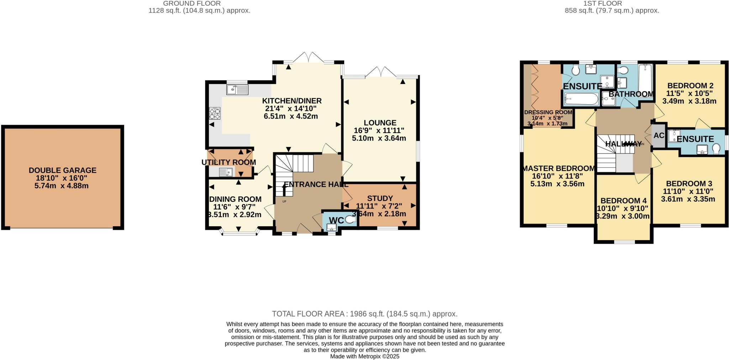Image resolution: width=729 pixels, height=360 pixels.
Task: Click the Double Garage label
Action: (x=63, y=170)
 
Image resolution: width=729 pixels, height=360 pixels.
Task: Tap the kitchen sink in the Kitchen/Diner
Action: (x=237, y=89)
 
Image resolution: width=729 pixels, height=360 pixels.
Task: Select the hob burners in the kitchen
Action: (x=214, y=113)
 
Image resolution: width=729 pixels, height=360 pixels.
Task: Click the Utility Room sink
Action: (x=226, y=172)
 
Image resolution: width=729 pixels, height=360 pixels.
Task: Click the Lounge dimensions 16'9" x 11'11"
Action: (x=379, y=131)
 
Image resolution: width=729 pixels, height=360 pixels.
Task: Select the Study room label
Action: (x=380, y=198)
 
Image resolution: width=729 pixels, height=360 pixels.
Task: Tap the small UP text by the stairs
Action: (x=284, y=202)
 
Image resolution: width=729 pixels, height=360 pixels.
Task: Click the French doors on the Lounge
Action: (x=381, y=72)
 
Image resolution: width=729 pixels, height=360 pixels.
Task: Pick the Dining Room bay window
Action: (x=239, y=233)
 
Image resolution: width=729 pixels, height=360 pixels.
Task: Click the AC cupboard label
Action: (x=659, y=135)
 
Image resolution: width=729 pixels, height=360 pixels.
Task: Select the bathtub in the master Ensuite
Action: (x=582, y=99)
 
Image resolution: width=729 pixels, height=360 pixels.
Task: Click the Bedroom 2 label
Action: (x=690, y=86)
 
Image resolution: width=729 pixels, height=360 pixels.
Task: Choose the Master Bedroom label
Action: (x=558, y=168)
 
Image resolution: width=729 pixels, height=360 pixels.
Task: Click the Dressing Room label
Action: (x=548, y=112)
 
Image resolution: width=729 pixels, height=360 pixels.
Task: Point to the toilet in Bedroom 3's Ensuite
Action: (x=716, y=148)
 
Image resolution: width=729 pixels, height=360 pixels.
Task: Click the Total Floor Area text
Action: (x=364, y=314)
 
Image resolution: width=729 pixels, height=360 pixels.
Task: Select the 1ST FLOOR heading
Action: (x=612, y=4)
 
